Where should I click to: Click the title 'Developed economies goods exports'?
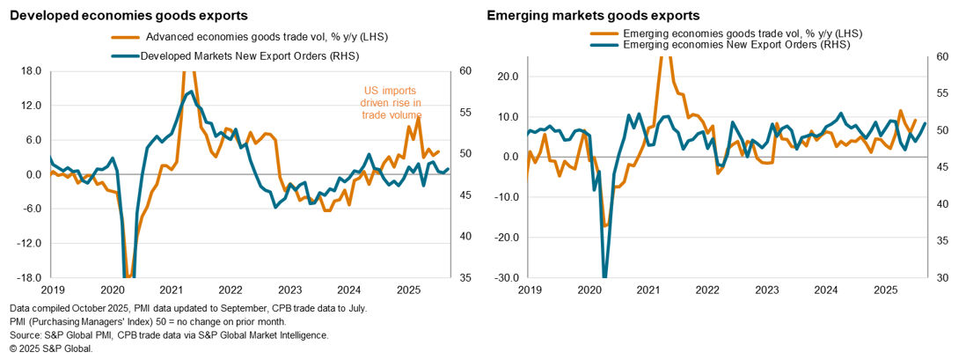coord(128,15)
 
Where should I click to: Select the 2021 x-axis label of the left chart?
coord(171,289)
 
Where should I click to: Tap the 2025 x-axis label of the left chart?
coord(407,289)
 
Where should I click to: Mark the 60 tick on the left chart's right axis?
coord(465,71)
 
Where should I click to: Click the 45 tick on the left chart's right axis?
coord(465,195)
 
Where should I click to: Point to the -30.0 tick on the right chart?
coord(508,278)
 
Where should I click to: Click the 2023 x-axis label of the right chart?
coord(765,289)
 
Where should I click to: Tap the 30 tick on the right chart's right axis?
coord(940,278)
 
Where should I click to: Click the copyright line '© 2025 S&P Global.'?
coord(52,349)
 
